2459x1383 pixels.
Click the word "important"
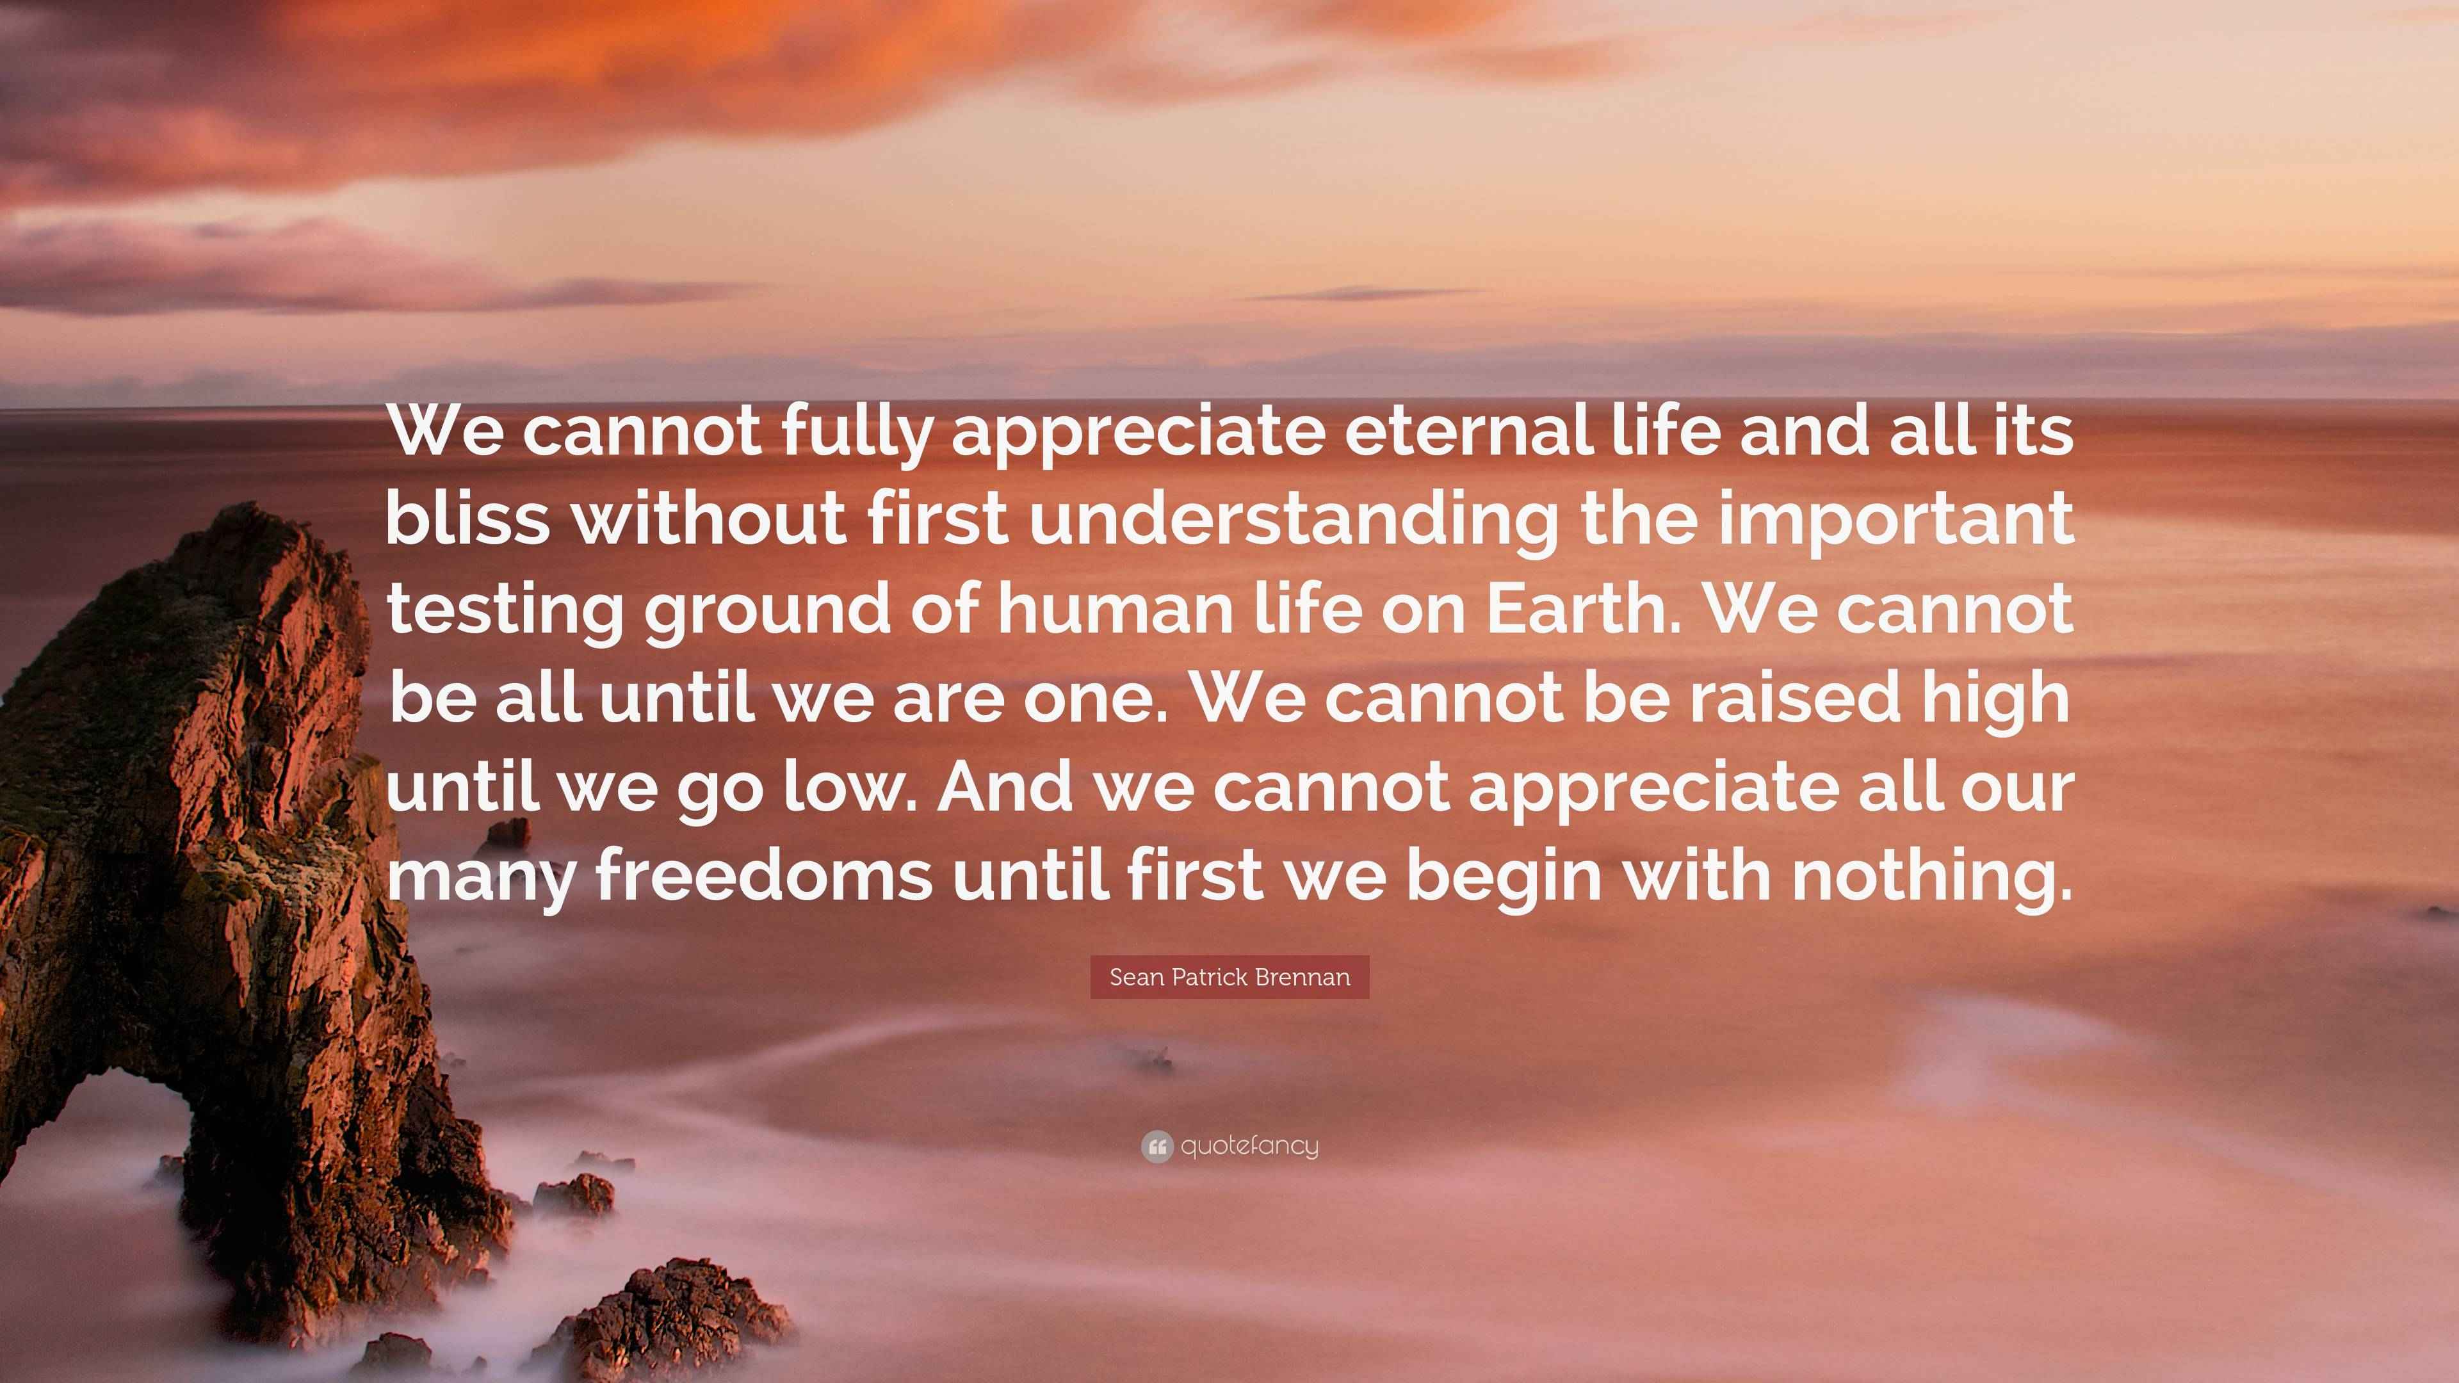[1895, 520]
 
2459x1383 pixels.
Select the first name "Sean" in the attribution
[1132, 977]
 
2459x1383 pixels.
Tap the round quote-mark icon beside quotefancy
[1157, 1146]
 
